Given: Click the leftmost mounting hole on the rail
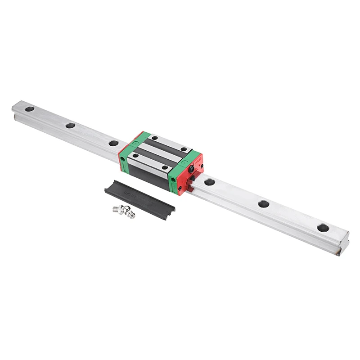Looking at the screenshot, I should click(x=29, y=109).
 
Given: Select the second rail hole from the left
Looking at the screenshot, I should click(x=70, y=126).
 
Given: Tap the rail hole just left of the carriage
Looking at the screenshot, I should click(x=113, y=143).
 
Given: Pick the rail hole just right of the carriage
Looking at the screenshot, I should click(x=209, y=182).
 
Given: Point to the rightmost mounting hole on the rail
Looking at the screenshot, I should click(x=322, y=228).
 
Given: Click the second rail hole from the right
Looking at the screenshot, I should click(x=264, y=204).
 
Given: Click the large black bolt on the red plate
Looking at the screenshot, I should click(x=192, y=169).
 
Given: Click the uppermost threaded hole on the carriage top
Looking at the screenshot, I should click(x=154, y=138).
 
